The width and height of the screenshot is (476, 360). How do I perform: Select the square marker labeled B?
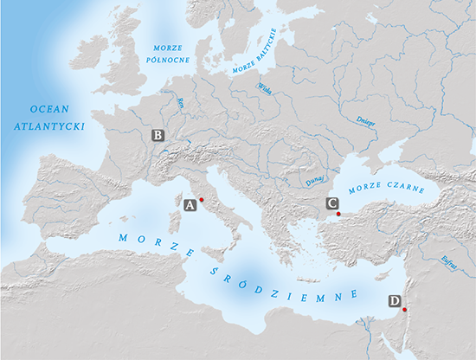tap(158, 135)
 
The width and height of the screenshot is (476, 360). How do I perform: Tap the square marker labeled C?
tap(331, 203)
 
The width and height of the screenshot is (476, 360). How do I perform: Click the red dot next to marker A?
tap(201, 200)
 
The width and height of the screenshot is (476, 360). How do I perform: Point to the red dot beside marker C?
tap(338, 213)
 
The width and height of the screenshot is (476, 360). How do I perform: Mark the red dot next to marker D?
tap(404, 308)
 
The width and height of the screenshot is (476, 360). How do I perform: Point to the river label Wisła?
tap(264, 88)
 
